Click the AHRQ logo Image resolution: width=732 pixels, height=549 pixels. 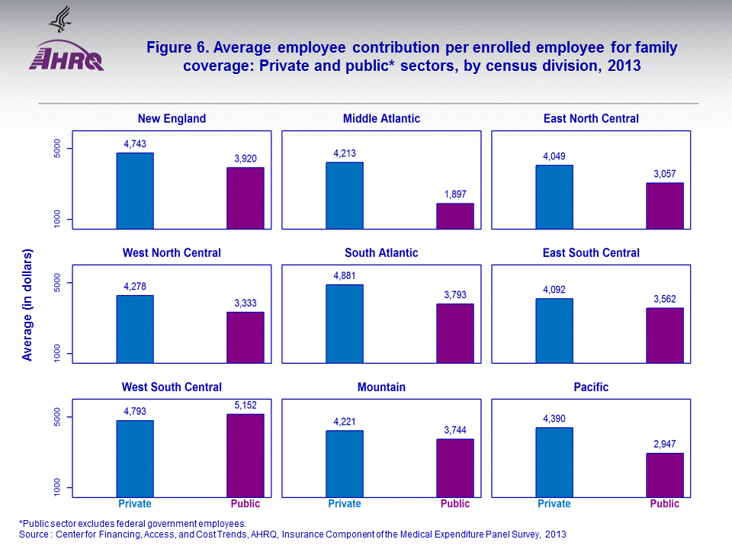click(66, 53)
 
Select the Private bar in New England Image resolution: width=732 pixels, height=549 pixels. click(135, 191)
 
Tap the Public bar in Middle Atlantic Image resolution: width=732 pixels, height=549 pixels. click(455, 216)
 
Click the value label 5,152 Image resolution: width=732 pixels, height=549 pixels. click(246, 406)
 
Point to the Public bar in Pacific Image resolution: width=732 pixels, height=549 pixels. click(665, 475)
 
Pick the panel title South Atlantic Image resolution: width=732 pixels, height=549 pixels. click(381, 253)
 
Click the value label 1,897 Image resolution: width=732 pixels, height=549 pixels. click(455, 194)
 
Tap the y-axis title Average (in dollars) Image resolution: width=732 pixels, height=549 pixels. click(28, 304)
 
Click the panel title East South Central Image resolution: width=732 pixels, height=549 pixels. click(591, 253)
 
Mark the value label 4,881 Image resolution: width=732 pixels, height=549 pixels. click(345, 275)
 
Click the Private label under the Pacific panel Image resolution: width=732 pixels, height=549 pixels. click(554, 504)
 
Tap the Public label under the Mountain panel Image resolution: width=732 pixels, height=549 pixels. click(455, 504)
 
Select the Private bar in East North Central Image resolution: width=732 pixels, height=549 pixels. click(554, 197)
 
